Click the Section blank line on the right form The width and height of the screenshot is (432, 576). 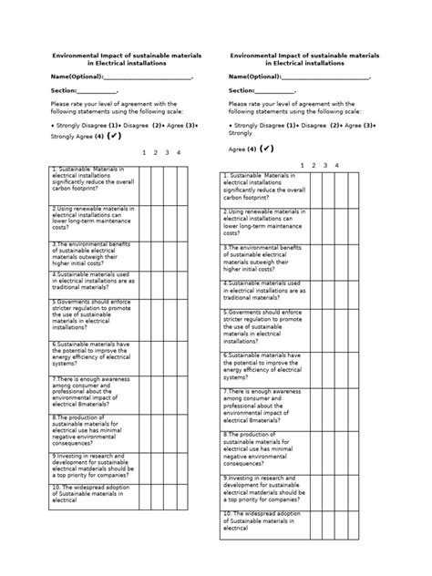pyautogui.click(x=275, y=91)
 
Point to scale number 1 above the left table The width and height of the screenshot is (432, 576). pyautogui.click(x=144, y=153)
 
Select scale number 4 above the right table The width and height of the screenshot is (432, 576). pyautogui.click(x=337, y=165)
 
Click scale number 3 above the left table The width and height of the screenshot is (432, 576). pyautogui.click(x=168, y=153)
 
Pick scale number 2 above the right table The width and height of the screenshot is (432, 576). pyautogui.click(x=314, y=165)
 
